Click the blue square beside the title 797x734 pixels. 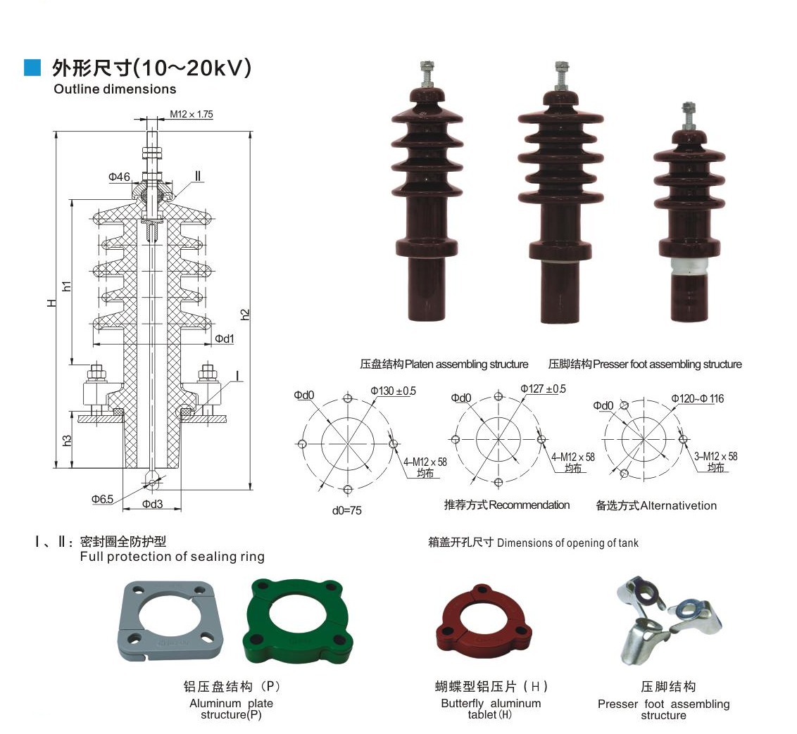coord(32,67)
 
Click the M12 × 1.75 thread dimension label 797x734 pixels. coord(191,113)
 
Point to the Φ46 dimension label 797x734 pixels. coord(119,177)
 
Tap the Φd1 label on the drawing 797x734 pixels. coord(225,339)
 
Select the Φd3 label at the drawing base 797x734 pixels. coord(152,504)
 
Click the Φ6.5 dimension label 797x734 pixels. coord(102,499)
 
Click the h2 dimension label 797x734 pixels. coord(245,315)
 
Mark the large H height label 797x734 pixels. coord(51,303)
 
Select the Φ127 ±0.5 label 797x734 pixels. coord(543,388)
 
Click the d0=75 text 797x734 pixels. coord(346,510)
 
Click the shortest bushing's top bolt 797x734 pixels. coord(689,114)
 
